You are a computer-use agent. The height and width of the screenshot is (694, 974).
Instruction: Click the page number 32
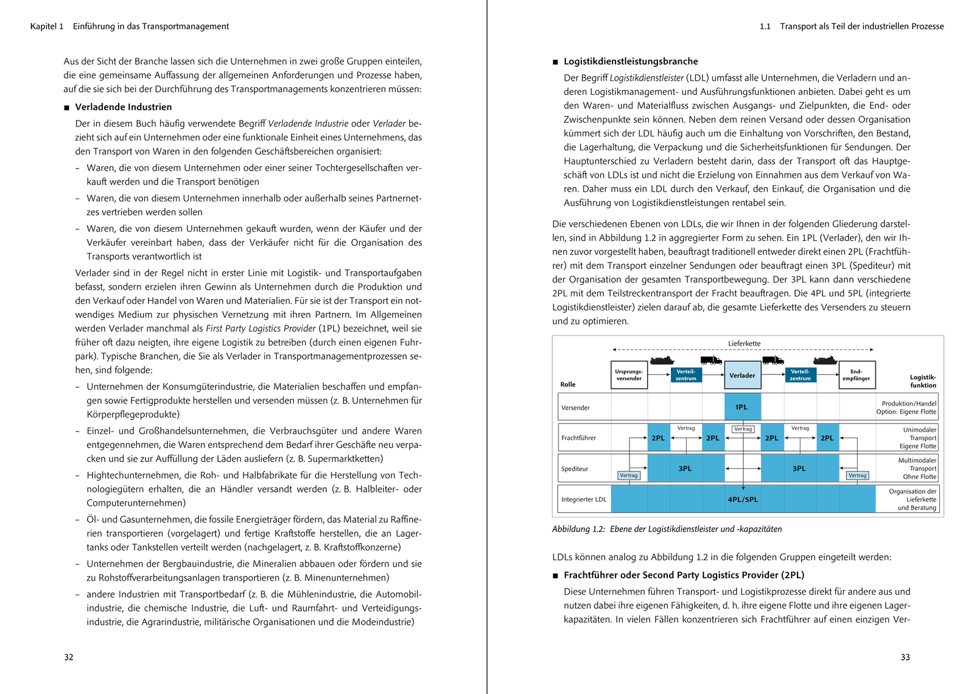point(69,657)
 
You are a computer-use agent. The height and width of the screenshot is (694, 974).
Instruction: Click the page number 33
point(905,657)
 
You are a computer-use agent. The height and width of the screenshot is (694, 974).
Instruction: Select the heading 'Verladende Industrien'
point(123,107)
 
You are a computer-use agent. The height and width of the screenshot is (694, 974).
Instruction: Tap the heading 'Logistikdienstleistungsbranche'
point(631,61)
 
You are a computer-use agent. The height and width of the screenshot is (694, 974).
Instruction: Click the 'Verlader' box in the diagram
point(742,376)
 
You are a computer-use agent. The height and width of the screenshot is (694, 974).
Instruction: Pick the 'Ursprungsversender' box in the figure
point(629,375)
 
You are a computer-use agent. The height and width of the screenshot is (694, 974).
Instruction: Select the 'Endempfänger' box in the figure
point(856,375)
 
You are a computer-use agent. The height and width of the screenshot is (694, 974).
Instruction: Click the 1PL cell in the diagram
point(741,407)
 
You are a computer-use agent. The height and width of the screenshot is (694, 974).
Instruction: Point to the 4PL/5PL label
point(743,499)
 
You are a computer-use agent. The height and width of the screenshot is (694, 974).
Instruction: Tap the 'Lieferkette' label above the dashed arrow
point(744,343)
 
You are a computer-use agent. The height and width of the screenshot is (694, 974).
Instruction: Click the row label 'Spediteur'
point(575,469)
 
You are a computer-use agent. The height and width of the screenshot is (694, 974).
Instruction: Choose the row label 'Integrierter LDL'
point(583,499)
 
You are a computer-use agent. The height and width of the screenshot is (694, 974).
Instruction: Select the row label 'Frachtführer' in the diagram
point(578,438)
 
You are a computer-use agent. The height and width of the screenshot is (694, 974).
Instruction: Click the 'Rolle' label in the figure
point(567,384)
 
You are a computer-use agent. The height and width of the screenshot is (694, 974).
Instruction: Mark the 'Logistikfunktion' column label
point(923,381)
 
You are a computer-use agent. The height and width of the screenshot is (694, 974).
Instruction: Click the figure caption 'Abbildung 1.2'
point(578,529)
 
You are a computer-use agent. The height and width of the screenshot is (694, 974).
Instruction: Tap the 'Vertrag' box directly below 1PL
point(743,429)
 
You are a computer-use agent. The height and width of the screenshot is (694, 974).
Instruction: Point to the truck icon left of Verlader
point(710,360)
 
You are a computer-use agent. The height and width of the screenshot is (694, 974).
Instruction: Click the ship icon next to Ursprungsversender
point(662,360)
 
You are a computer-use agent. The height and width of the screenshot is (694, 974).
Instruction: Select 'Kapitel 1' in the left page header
point(47,26)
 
